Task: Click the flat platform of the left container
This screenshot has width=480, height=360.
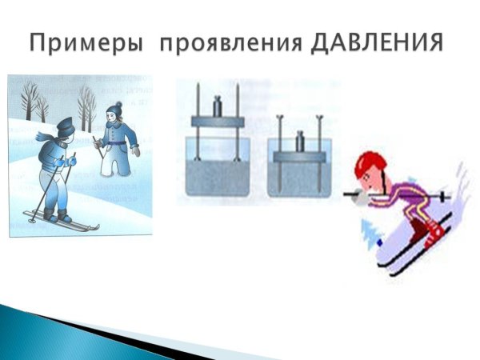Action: click(216, 121)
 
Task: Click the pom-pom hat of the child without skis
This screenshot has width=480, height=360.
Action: click(114, 107)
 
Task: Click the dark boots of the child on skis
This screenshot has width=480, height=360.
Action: click(58, 214)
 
